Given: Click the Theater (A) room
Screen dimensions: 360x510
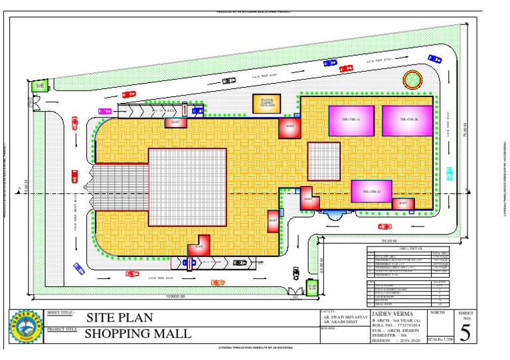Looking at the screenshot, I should [x=351, y=120].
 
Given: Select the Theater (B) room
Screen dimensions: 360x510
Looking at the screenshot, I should [x=407, y=120].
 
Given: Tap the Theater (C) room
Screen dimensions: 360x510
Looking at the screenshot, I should [x=372, y=191].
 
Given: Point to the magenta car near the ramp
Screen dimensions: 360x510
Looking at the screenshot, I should [x=105, y=111].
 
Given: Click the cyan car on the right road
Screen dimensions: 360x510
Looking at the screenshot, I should [x=450, y=173].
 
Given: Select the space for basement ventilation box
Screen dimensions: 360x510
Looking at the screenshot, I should [x=266, y=104].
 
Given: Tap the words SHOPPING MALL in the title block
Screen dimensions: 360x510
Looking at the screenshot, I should [x=137, y=333].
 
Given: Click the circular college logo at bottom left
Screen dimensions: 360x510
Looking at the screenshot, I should [x=25, y=326].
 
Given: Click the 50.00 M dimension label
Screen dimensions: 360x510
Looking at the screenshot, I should [x=388, y=240].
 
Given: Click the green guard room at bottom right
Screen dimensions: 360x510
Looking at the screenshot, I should [x=312, y=288].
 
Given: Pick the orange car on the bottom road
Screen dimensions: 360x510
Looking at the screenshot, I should [x=217, y=282].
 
